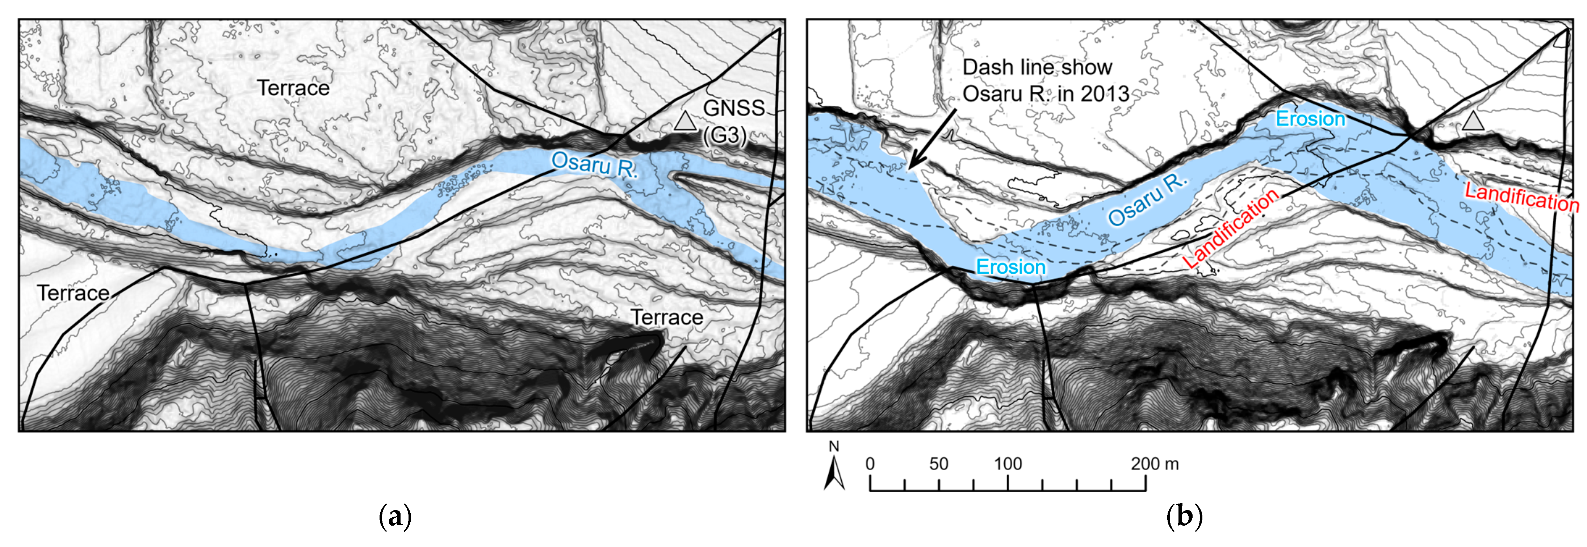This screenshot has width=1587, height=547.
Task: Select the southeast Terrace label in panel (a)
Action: [667, 317]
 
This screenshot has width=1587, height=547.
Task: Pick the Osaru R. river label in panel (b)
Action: [1147, 199]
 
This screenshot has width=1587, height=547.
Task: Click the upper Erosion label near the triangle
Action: [1310, 118]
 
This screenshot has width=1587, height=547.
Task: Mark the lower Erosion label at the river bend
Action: [1011, 267]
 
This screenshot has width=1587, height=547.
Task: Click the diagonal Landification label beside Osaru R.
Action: [1231, 228]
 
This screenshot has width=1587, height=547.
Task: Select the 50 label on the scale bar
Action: [938, 464]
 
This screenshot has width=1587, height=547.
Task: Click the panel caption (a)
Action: [394, 516]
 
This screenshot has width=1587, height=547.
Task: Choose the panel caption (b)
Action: [1184, 516]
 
